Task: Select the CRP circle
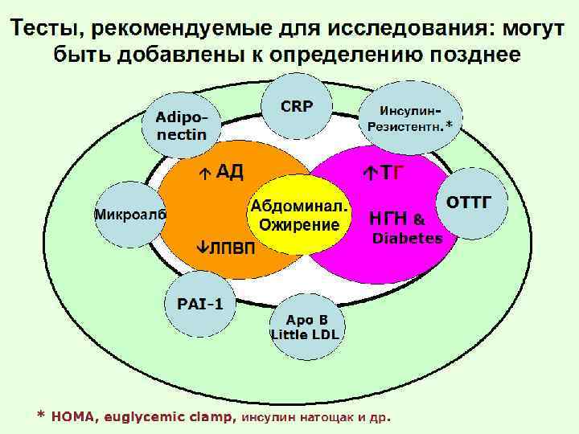pos(297,106)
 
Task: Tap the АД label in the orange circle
pos(229,172)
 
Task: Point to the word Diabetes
pos(406,239)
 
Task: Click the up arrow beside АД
pos(206,173)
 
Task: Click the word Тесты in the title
pos(44,29)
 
